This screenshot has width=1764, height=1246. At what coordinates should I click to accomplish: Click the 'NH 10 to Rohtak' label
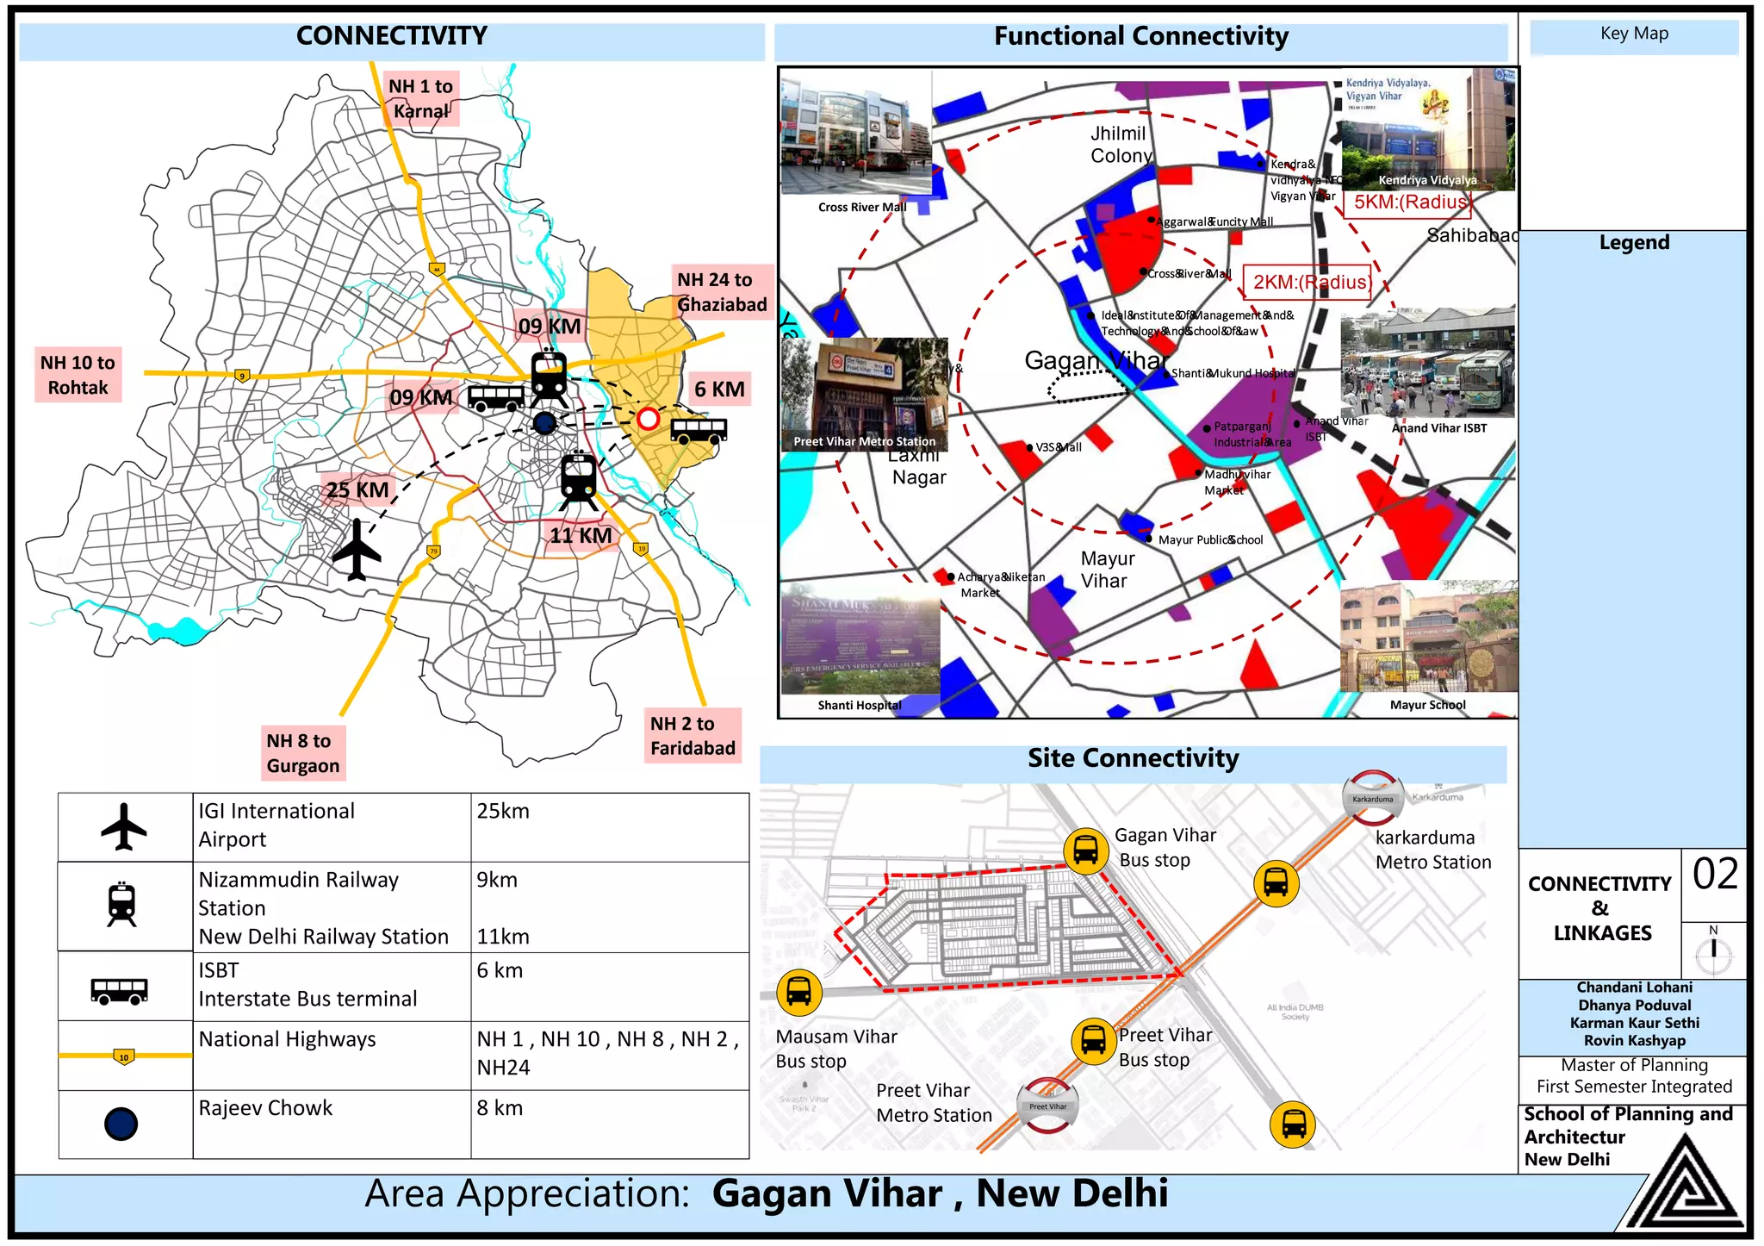[78, 375]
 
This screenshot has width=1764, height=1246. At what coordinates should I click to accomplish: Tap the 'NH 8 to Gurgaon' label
[302, 753]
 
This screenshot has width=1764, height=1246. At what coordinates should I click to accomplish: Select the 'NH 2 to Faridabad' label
[693, 736]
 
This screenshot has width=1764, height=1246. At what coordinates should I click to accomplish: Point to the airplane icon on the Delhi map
[356, 550]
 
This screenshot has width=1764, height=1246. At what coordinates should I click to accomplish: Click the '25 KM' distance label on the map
[357, 490]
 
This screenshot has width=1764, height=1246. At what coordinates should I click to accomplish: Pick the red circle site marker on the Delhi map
[648, 419]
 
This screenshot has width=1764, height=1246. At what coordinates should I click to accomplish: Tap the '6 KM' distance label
[719, 389]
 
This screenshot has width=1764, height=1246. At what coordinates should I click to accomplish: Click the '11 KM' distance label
[581, 535]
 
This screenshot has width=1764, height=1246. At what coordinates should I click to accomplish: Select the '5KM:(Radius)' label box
[1409, 202]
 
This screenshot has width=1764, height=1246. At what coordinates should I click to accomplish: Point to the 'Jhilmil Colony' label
[1120, 145]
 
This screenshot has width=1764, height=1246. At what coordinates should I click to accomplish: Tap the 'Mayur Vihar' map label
[1107, 570]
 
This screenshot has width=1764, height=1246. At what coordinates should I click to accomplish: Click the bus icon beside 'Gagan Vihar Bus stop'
[1085, 850]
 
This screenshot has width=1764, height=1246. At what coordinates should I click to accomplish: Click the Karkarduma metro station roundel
[1373, 798]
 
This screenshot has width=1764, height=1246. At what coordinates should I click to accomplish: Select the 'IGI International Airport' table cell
[332, 825]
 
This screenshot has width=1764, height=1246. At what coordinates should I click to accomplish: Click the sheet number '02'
[1715, 875]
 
